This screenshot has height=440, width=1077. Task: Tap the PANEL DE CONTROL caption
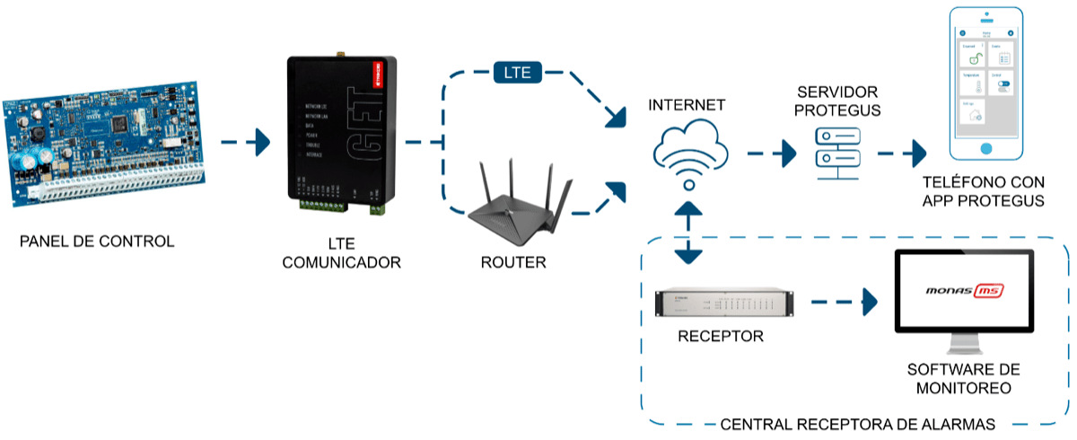pos(97,242)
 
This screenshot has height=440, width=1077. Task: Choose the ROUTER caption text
pos(513,264)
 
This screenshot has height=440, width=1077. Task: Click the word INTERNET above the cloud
pos(687,106)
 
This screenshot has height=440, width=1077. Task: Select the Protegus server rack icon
pos(837,150)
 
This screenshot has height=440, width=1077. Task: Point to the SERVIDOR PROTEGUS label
pos(837,101)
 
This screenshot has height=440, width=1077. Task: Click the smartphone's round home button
pos(985,148)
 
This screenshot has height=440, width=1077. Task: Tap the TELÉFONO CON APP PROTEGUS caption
pos(984,192)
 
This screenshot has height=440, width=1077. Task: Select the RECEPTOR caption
pos(721,337)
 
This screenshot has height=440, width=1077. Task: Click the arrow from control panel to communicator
pos(245,142)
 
